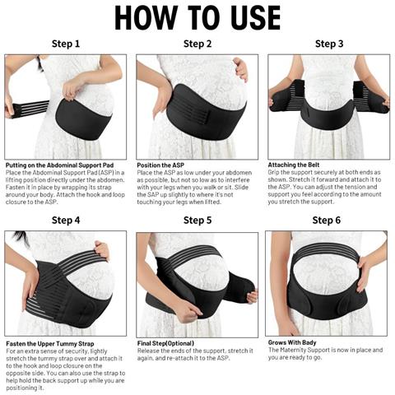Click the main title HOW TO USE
[x=197, y=17]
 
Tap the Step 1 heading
[x=66, y=44]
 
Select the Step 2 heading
[x=197, y=44]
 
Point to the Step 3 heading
[x=329, y=44]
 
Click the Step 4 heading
[x=66, y=220]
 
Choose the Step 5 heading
[x=197, y=220]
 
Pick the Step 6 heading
[x=327, y=220]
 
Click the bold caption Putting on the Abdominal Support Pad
[x=59, y=165]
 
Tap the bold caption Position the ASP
[x=160, y=165]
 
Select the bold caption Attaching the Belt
[x=294, y=165]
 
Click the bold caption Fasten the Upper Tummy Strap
[x=50, y=344]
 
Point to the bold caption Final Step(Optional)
[x=165, y=343]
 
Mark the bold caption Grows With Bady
[x=292, y=342]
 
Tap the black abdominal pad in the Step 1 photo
[x=83, y=119]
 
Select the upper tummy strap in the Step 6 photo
[x=326, y=251]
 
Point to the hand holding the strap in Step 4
[x=102, y=250]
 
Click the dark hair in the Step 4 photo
[x=22, y=238]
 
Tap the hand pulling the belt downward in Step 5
[x=188, y=312]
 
